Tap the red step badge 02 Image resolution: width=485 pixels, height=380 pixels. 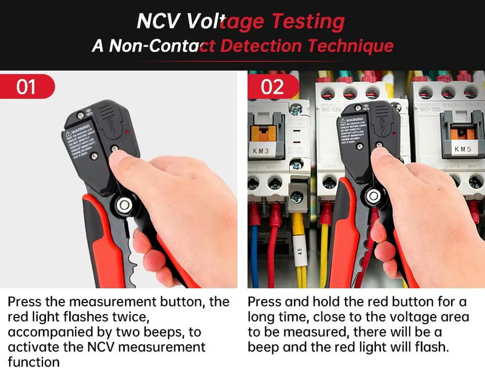272,87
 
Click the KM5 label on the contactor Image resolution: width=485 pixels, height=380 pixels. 462,149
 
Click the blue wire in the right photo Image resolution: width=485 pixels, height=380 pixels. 254,254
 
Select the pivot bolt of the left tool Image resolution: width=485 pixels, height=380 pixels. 124,205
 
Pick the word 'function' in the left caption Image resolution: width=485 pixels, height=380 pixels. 33,362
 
